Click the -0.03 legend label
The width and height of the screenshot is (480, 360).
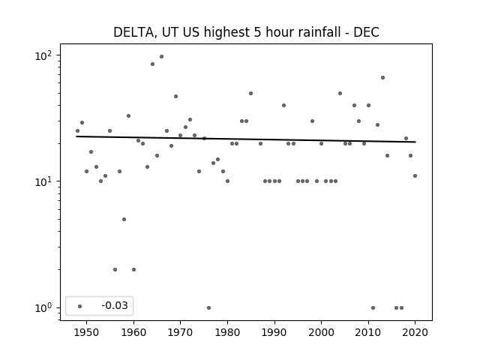(x=115, y=305)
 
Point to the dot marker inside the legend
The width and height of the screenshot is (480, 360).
(x=79, y=306)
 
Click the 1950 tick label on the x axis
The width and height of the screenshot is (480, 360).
(x=87, y=332)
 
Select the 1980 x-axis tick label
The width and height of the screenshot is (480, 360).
(x=227, y=332)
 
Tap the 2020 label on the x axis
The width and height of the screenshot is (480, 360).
(x=415, y=332)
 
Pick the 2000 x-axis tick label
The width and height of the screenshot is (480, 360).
(x=321, y=332)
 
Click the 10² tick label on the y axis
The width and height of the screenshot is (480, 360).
(x=43, y=55)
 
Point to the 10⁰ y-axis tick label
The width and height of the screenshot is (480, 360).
(x=43, y=307)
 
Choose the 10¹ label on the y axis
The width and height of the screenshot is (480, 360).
(x=43, y=181)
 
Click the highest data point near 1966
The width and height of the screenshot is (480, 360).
(x=161, y=57)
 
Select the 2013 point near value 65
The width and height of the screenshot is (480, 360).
(x=382, y=78)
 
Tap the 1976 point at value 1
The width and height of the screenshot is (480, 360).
(x=208, y=307)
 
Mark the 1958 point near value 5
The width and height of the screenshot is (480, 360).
(x=124, y=219)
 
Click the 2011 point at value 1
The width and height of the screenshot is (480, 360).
(x=373, y=307)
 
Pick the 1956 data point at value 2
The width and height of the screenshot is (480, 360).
(x=115, y=270)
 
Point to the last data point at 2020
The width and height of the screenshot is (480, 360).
(x=415, y=175)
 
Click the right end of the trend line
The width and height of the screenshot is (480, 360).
(x=415, y=142)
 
